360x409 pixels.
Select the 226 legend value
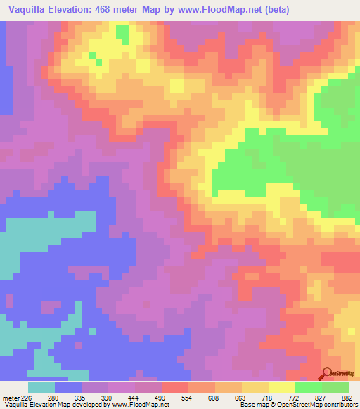pyautogui.click(x=28, y=398)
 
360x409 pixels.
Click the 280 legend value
pyautogui.click(x=54, y=398)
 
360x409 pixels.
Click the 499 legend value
pyautogui.click(x=161, y=398)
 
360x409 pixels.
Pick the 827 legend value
pyautogui.click(x=321, y=398)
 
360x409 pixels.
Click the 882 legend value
pyautogui.click(x=347, y=398)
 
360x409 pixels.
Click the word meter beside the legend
pyautogui.click(x=11, y=398)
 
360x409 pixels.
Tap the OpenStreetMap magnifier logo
pyautogui.click(x=327, y=374)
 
